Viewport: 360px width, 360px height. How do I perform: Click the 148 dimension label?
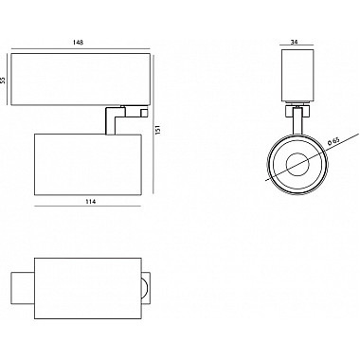(78, 43)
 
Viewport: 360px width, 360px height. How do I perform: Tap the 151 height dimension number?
(158, 129)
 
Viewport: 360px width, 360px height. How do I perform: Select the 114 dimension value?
(91, 202)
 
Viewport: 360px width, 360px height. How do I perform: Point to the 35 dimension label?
(3, 81)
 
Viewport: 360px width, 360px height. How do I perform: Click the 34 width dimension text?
(294, 42)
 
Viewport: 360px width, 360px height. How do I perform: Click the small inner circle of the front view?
(297, 164)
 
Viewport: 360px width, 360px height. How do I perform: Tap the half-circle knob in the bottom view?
(145, 288)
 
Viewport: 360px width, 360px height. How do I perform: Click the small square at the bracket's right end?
(144, 112)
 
